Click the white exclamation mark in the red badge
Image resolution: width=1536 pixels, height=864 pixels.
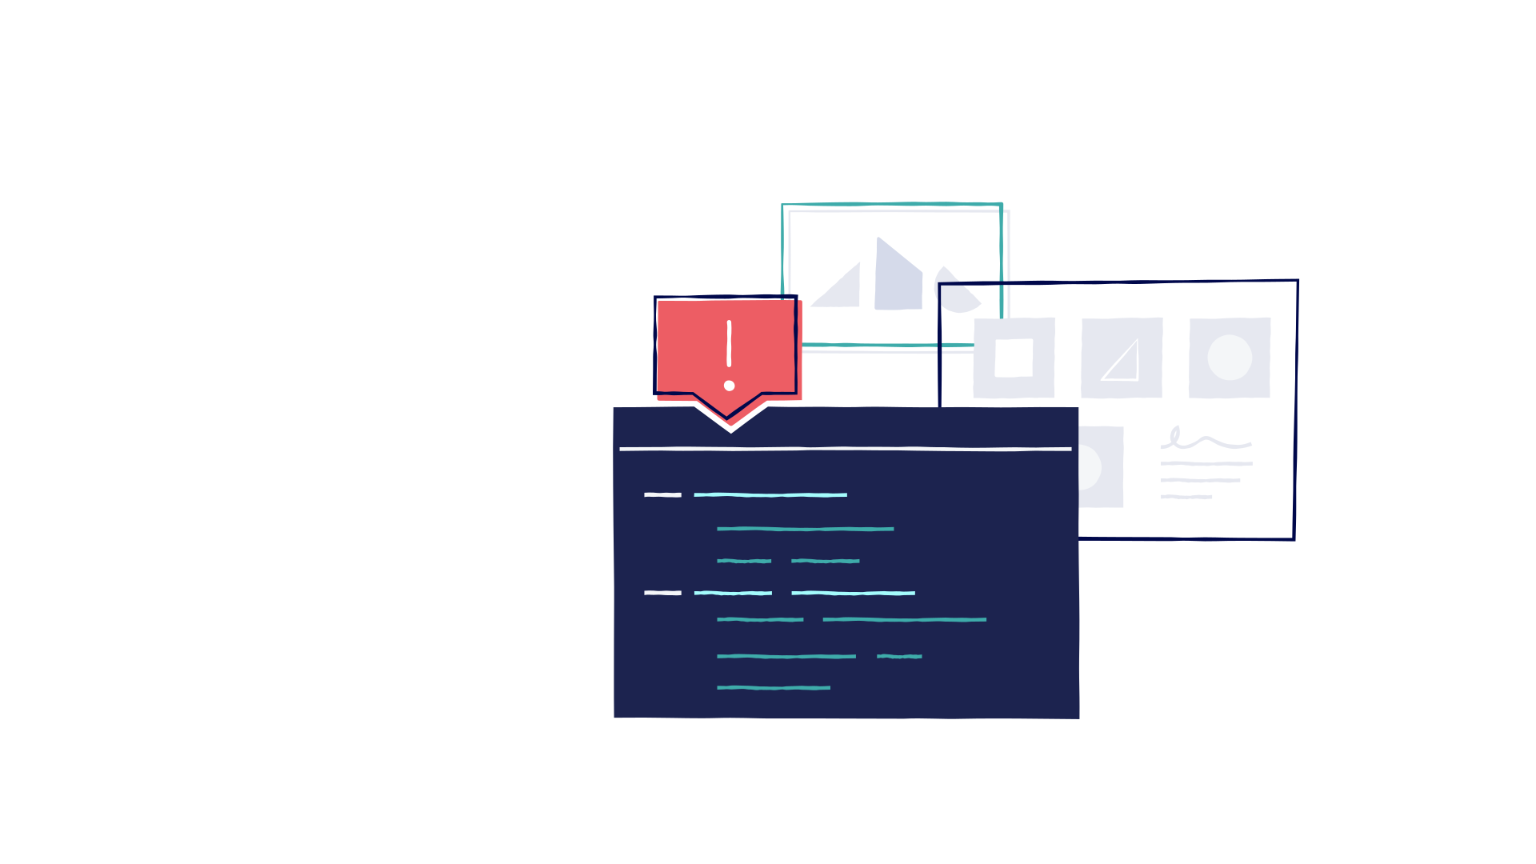click(x=729, y=345)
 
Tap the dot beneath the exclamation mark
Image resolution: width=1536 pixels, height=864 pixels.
click(x=729, y=386)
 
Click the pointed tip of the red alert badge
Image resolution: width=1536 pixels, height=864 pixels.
click(x=728, y=418)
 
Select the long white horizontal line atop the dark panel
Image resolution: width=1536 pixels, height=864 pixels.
click(x=845, y=449)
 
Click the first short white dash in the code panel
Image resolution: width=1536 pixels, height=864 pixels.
click(x=662, y=495)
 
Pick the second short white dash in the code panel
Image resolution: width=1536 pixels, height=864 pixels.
click(x=662, y=593)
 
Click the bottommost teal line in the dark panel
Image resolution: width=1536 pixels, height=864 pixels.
click(x=773, y=688)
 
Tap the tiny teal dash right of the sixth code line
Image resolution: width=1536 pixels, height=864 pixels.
click(x=899, y=657)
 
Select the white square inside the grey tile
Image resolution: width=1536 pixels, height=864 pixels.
click(x=1014, y=358)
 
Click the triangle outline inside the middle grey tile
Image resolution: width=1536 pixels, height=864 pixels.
click(x=1122, y=362)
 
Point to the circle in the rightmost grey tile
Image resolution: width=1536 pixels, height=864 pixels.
click(x=1230, y=358)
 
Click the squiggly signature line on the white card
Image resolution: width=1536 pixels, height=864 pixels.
click(x=1205, y=440)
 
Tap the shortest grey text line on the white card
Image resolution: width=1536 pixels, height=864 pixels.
click(x=1186, y=498)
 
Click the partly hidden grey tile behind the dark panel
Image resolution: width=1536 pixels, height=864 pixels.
click(x=1101, y=467)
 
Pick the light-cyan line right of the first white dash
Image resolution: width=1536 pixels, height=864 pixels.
click(x=770, y=495)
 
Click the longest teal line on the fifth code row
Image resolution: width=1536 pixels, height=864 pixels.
click(x=904, y=620)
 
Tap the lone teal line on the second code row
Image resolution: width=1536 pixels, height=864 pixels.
click(x=805, y=529)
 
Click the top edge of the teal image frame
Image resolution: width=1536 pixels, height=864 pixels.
click(x=891, y=205)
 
